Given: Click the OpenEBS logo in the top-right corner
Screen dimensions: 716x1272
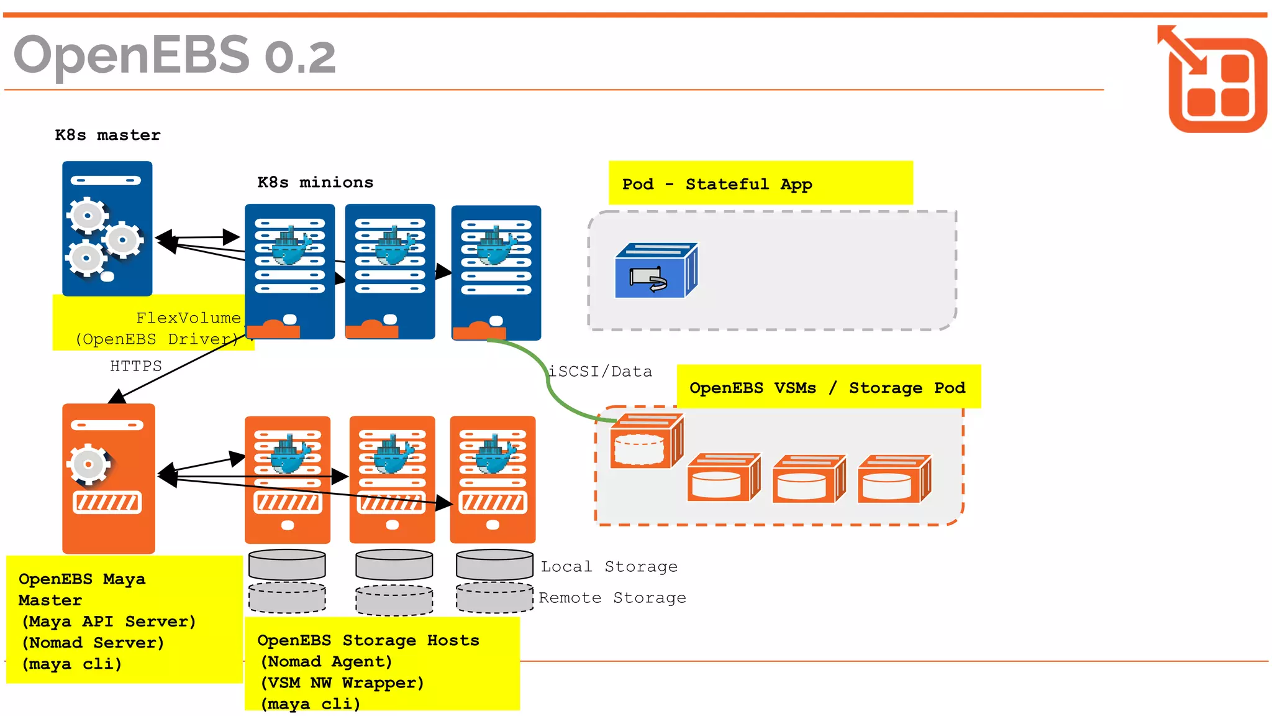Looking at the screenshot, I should (1214, 79).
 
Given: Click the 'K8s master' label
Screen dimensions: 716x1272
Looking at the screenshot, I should (107, 135).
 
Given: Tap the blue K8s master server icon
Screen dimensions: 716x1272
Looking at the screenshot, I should (107, 228).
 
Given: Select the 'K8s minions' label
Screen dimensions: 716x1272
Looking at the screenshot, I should (315, 182).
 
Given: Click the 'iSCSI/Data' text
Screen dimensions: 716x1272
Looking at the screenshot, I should (601, 371).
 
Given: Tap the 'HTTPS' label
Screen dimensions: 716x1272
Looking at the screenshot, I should (135, 365).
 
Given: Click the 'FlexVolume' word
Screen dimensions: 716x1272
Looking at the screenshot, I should (188, 318).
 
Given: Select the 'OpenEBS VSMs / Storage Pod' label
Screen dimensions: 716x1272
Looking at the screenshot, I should (827, 387).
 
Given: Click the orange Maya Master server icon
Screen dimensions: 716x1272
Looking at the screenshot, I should (108, 478).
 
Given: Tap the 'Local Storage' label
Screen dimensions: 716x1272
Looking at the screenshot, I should (609, 566).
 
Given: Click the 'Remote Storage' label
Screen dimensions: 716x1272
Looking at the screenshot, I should (612, 597).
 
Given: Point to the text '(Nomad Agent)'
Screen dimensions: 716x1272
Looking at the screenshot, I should (326, 661).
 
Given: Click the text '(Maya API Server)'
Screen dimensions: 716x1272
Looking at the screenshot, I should (109, 621).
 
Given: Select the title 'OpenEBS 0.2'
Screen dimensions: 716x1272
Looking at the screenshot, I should (175, 55).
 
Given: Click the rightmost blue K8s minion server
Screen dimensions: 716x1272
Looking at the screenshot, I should (496, 272).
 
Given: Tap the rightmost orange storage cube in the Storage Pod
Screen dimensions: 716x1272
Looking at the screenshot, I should (894, 479).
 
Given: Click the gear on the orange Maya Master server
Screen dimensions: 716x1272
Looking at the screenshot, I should (89, 464).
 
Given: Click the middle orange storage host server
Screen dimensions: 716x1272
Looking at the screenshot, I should (392, 479).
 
